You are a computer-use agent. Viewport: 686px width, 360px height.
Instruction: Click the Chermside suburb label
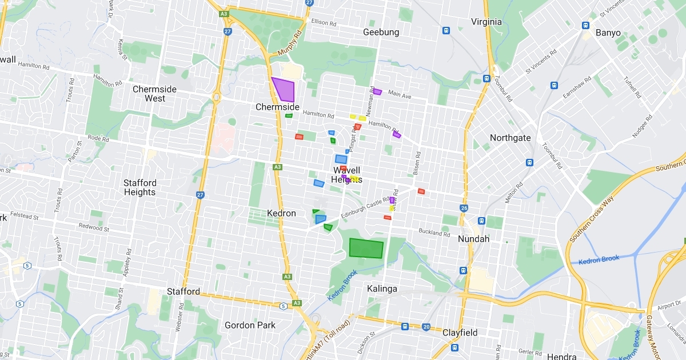click(x=277, y=107)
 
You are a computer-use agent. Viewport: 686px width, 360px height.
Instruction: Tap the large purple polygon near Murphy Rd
click(x=284, y=89)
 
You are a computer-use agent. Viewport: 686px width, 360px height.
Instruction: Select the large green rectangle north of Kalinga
click(x=366, y=249)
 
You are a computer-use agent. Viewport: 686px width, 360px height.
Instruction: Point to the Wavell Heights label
click(x=346, y=175)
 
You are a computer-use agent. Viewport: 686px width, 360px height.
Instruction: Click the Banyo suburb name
click(x=608, y=33)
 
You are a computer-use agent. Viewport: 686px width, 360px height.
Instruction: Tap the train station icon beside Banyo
click(x=585, y=25)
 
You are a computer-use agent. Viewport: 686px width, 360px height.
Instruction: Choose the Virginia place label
click(x=486, y=22)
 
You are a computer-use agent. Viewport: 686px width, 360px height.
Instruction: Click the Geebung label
click(x=381, y=33)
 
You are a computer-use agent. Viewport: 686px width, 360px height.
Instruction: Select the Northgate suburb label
click(x=510, y=138)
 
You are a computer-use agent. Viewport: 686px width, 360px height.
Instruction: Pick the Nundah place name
click(x=474, y=239)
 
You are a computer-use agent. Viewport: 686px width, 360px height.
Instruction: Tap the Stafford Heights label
click(x=139, y=187)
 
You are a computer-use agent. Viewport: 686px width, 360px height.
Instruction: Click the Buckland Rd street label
click(x=434, y=233)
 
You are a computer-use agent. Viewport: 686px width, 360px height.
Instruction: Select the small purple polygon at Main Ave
click(x=377, y=91)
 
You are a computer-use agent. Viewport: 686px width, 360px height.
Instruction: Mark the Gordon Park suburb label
click(x=250, y=325)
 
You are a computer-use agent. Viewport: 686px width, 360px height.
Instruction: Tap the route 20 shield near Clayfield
click(x=426, y=327)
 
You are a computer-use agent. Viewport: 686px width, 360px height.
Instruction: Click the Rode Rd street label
click(x=98, y=138)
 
